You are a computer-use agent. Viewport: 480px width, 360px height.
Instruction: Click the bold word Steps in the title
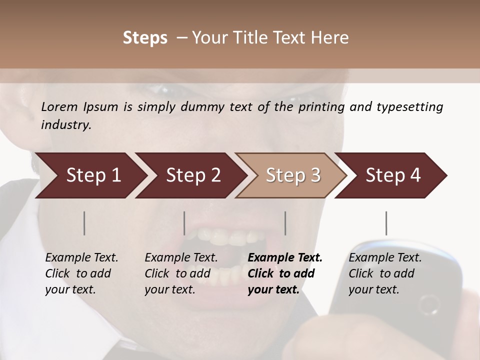(145, 38)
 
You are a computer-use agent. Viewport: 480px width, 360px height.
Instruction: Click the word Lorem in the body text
(59, 106)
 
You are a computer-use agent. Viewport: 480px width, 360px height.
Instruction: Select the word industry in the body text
(66, 124)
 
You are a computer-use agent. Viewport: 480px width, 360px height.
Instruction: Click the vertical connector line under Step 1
(84, 223)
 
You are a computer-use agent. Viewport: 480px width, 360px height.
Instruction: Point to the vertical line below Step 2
(184, 223)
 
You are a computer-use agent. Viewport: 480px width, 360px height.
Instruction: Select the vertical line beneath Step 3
(285, 223)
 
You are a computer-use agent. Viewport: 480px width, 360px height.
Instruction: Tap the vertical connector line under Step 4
(386, 223)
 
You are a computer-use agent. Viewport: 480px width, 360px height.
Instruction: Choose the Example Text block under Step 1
(81, 273)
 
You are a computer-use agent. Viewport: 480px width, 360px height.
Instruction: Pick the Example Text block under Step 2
(181, 273)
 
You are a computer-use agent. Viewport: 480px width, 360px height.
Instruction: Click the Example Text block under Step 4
(385, 273)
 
